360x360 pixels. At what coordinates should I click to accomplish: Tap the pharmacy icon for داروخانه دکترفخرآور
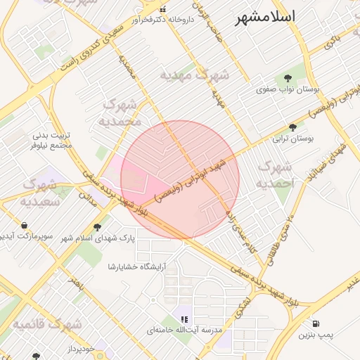click(x=164, y=10)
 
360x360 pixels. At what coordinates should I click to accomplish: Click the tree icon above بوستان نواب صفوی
click(x=288, y=77)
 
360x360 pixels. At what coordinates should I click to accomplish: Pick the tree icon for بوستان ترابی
click(x=293, y=127)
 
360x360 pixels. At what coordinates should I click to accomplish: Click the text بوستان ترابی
click(x=296, y=139)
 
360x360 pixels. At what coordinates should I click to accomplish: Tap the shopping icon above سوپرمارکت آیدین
click(x=25, y=226)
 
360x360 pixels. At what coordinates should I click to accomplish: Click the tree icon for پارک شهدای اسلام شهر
click(x=97, y=226)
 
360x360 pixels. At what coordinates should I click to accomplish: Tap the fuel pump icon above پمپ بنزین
click(x=316, y=324)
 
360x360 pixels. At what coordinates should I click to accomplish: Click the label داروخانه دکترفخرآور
click(x=164, y=21)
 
